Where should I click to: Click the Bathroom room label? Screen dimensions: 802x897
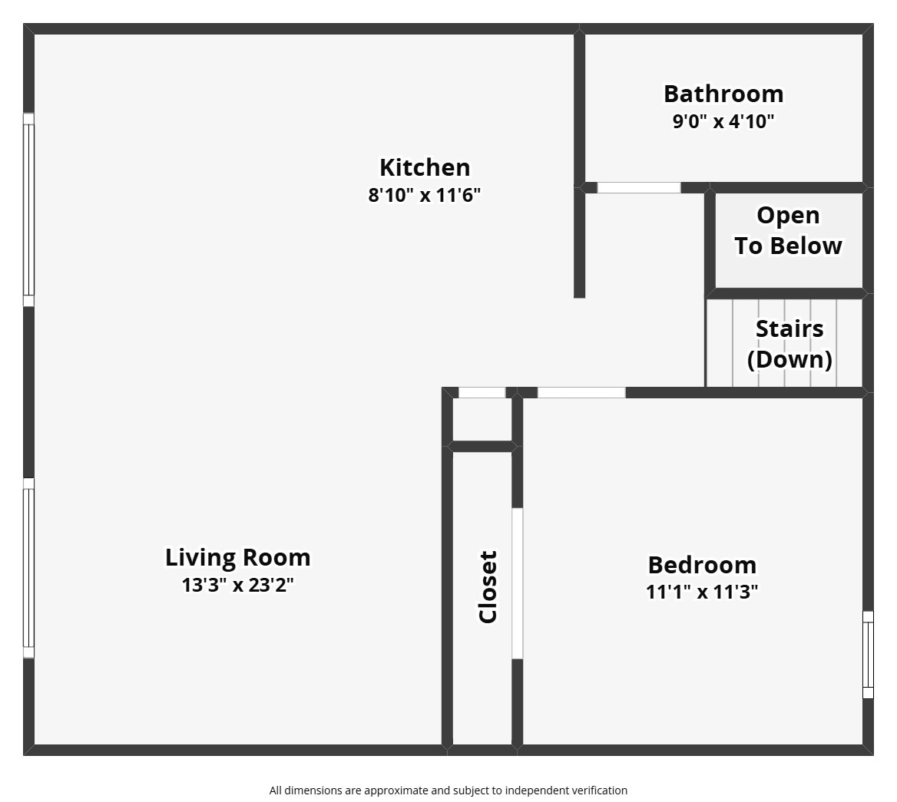pyautogui.click(x=723, y=94)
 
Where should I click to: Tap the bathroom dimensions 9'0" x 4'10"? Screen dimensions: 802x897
pyautogui.click(x=723, y=121)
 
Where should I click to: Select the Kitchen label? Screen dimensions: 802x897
pyautogui.click(x=425, y=167)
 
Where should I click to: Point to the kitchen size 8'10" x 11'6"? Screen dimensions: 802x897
pyautogui.click(x=425, y=195)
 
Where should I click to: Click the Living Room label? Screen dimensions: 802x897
pyautogui.click(x=238, y=557)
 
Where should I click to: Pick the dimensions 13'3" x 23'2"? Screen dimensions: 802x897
pyautogui.click(x=238, y=586)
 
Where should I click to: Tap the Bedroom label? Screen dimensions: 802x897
pyautogui.click(x=702, y=565)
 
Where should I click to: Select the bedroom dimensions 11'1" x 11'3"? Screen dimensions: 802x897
pyautogui.click(x=702, y=592)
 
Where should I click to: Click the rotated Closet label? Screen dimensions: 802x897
pyautogui.click(x=488, y=586)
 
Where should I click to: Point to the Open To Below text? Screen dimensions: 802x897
pyautogui.click(x=788, y=230)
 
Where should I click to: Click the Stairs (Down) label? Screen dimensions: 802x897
pyautogui.click(x=789, y=344)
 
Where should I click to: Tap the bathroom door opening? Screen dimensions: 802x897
pyautogui.click(x=639, y=188)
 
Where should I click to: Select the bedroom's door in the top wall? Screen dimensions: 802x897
pyautogui.click(x=581, y=393)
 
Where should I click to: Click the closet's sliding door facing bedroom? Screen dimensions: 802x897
pyautogui.click(x=518, y=583)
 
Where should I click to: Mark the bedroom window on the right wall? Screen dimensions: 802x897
pyautogui.click(x=868, y=655)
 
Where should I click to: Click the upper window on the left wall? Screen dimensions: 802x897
pyautogui.click(x=28, y=210)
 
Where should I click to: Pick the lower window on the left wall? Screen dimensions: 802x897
pyautogui.click(x=28, y=568)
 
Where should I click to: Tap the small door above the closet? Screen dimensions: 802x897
pyautogui.click(x=482, y=393)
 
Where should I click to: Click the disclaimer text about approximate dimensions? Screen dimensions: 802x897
pyautogui.click(x=448, y=790)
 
